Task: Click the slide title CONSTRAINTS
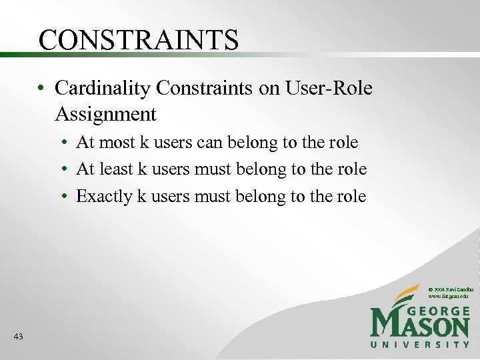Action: tap(138, 40)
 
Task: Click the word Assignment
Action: tap(105, 115)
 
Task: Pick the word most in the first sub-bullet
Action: tap(118, 143)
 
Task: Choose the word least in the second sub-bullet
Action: tap(116, 169)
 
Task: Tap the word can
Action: tap(213, 143)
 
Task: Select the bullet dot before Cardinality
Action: tap(41, 89)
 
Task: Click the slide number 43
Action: tap(18, 337)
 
